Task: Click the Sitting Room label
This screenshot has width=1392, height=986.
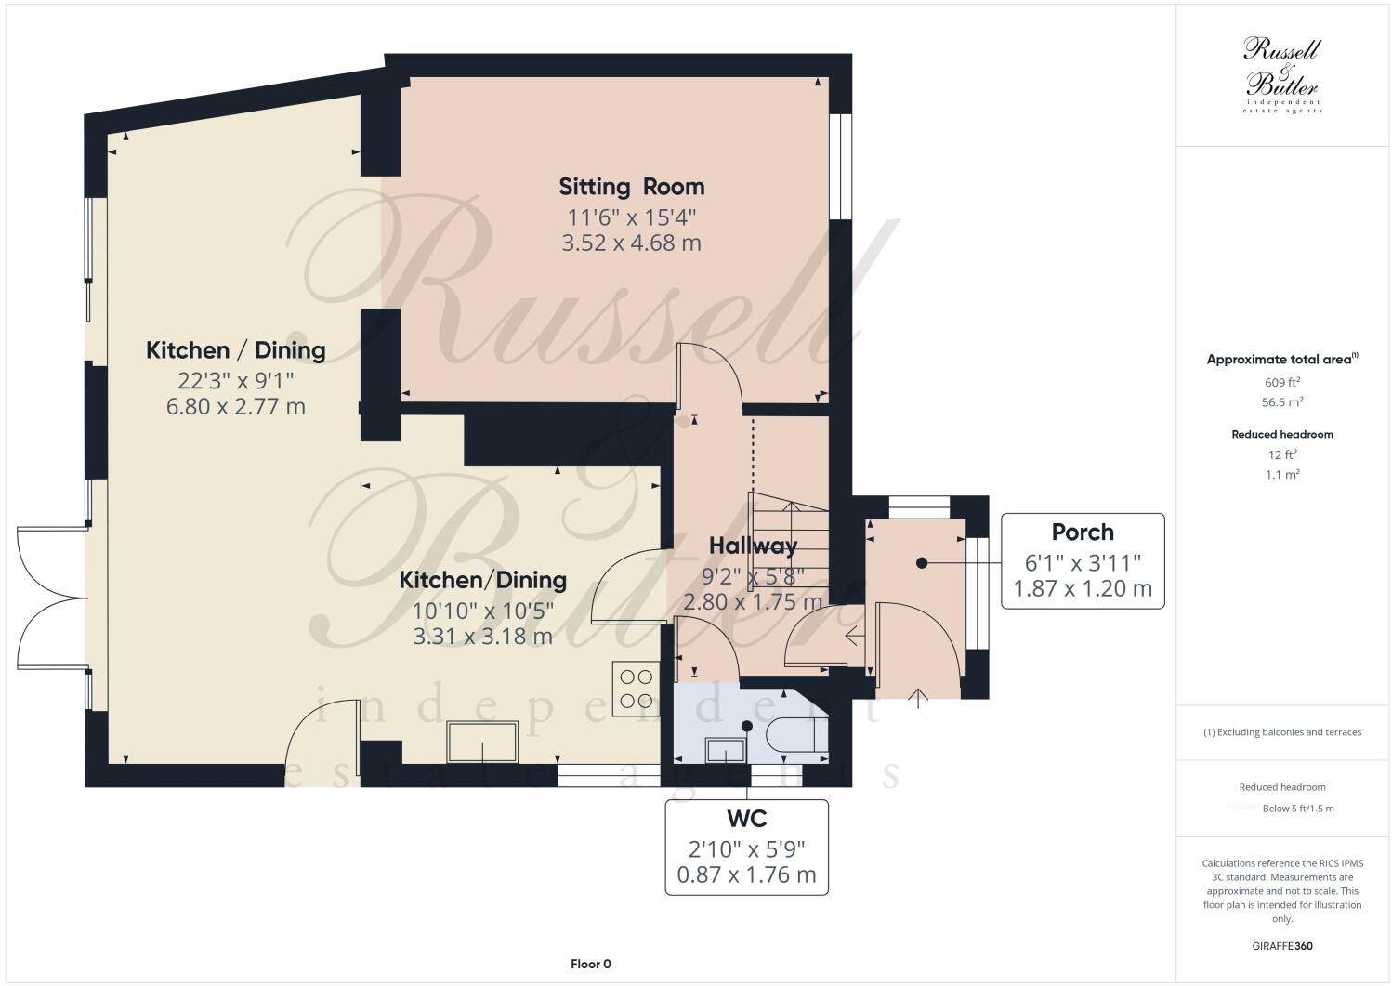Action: (631, 187)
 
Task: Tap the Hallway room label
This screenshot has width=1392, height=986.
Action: (753, 546)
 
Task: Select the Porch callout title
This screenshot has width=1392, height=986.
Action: (1083, 532)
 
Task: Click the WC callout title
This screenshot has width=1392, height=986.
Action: (746, 819)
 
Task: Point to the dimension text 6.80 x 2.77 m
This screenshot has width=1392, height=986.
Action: (236, 407)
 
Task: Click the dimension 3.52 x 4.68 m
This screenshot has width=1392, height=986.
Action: (631, 243)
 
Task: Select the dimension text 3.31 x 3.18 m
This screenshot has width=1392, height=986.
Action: (483, 637)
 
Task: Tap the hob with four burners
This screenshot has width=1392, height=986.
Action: (636, 689)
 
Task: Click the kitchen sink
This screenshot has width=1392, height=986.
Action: (483, 742)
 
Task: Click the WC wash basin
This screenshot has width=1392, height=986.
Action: (726, 749)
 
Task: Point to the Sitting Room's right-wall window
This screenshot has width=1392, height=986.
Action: (840, 167)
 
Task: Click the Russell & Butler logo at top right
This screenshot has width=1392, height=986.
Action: (1281, 75)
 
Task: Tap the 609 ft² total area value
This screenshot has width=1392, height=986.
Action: (1281, 382)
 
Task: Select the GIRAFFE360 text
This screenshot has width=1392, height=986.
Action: (1281, 947)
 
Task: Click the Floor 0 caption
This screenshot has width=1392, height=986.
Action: (590, 964)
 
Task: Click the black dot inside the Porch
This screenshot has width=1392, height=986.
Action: (921, 562)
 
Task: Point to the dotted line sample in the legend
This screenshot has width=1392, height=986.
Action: (1242, 809)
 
